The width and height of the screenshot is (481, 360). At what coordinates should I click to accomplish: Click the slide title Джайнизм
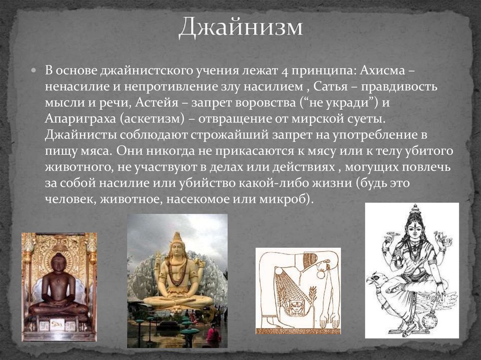(x=240, y=27)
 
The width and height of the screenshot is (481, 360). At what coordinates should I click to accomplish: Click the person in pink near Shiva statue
(x=212, y=336)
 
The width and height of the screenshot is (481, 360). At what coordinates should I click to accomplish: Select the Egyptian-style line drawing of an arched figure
(x=298, y=291)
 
